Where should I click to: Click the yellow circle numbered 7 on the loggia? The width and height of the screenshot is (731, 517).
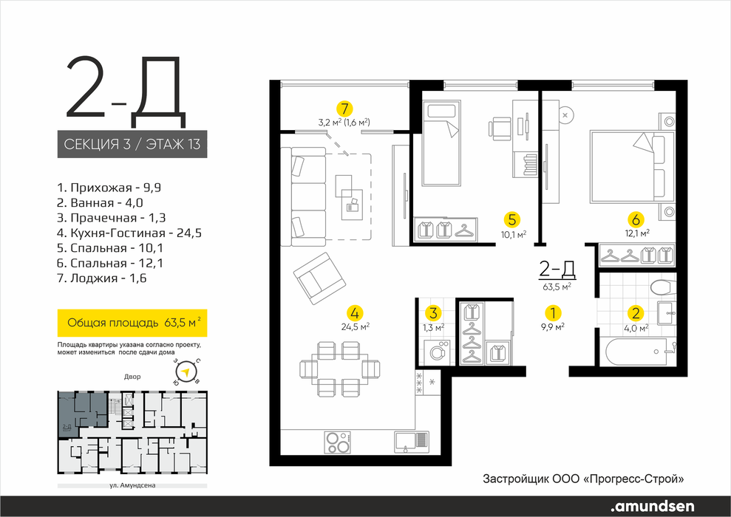[344, 109]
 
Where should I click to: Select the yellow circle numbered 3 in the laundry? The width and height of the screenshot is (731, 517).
[434, 313]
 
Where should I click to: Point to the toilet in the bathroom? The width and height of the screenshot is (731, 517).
[662, 287]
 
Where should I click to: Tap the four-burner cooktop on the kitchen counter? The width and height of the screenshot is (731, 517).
[338, 441]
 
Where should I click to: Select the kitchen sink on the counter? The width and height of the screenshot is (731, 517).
[411, 442]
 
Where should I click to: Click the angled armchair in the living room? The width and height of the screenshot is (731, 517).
[320, 278]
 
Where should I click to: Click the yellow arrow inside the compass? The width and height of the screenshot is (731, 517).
[186, 372]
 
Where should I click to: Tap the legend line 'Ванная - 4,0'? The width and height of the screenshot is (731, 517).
[100, 203]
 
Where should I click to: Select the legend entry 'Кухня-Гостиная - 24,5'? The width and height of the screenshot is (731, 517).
[129, 233]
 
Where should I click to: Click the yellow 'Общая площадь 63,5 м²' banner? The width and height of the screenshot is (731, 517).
[132, 323]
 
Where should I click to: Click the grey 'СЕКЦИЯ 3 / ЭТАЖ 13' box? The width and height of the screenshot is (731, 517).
[132, 144]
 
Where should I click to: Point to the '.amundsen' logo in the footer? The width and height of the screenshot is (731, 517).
[652, 506]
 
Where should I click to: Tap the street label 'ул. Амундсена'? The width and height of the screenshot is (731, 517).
[132, 485]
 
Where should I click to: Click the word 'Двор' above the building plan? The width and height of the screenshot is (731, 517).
[132, 377]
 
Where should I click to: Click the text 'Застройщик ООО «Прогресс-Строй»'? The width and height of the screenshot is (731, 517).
[584, 479]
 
